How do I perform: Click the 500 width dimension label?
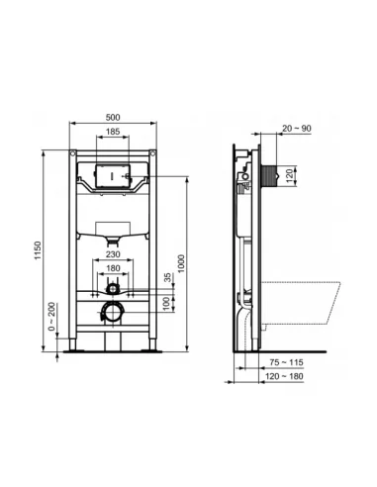tap(113, 118)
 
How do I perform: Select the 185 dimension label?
tap(113, 132)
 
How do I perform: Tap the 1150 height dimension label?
tap(39, 250)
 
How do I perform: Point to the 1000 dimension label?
tap(181, 263)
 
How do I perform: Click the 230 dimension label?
tap(113, 254)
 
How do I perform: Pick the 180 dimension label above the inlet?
tap(113, 268)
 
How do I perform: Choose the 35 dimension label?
tap(168, 277)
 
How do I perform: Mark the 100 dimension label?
tap(168, 304)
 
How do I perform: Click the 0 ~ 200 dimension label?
tap(51, 317)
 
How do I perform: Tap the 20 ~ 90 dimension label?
tap(297, 129)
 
